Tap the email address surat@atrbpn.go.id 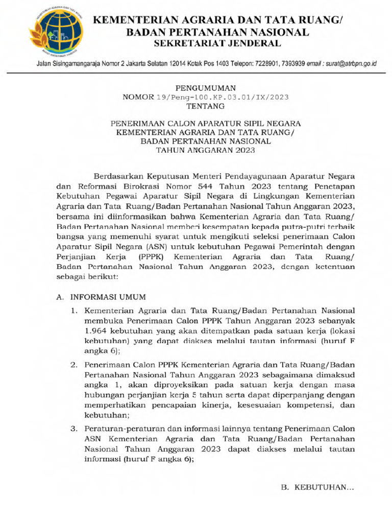click(352, 64)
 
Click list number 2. click(74, 365)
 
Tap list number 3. click(74, 428)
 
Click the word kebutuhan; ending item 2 click(108, 415)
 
